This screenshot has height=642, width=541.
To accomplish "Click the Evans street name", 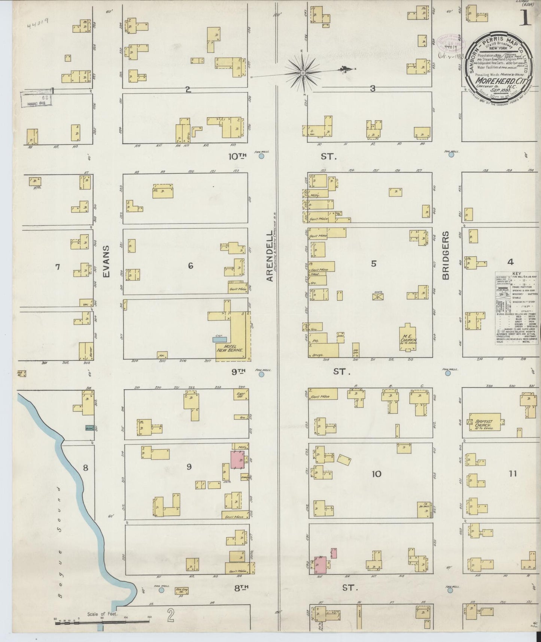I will coord(107,261).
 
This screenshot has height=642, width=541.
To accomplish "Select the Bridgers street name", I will coord(446,255).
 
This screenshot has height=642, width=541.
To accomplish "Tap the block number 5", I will coord(373,264).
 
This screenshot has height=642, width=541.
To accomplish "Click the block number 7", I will coord(57,267).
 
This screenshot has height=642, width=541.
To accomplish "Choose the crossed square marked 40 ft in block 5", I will coord(378,297).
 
